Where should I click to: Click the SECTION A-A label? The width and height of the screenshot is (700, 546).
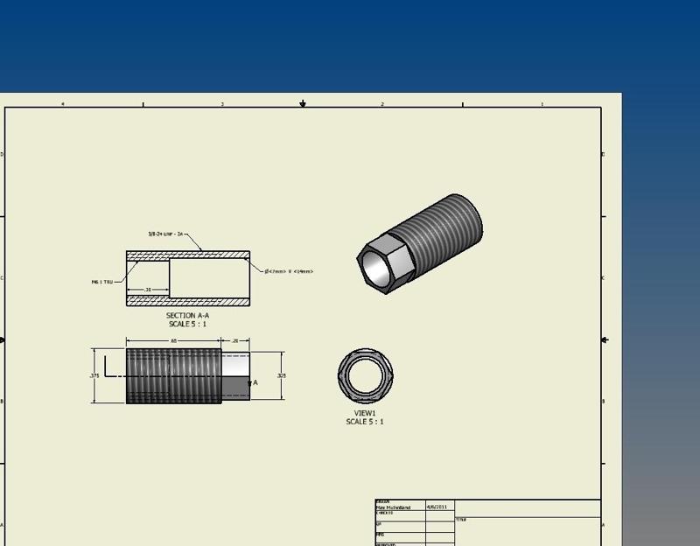(187, 315)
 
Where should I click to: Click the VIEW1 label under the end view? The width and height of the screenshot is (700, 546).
(365, 413)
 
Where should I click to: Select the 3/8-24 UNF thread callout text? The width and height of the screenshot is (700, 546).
(165, 234)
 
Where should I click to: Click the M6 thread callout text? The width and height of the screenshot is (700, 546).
(102, 282)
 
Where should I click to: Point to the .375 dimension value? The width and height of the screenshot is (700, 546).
(94, 375)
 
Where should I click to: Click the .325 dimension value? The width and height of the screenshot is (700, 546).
(281, 375)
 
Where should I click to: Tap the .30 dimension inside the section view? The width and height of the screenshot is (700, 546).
(147, 289)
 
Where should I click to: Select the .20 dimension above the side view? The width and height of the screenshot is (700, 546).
(235, 340)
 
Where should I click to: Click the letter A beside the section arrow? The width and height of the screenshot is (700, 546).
(255, 382)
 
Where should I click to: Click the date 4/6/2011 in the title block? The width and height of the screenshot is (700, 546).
(437, 506)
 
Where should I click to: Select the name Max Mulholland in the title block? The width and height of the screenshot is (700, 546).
(393, 507)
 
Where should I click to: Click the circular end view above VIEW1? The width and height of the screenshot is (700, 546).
(365, 375)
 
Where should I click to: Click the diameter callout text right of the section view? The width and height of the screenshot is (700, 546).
(289, 271)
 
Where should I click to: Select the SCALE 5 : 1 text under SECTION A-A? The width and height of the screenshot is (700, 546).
(187, 324)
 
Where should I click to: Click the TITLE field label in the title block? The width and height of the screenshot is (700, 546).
(460, 520)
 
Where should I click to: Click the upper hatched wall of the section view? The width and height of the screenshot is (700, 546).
(188, 255)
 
